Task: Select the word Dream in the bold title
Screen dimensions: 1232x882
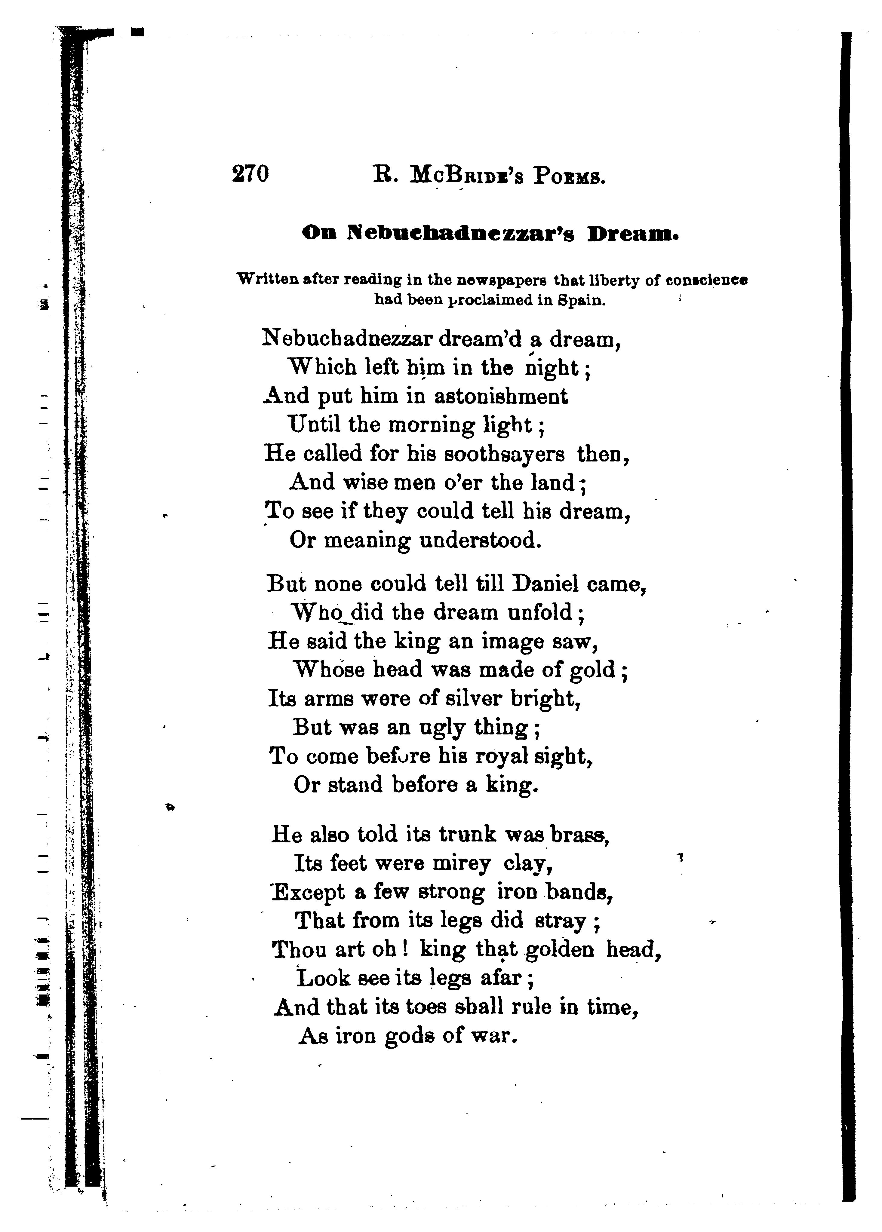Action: (x=634, y=234)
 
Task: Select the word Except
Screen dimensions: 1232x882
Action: (x=308, y=893)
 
